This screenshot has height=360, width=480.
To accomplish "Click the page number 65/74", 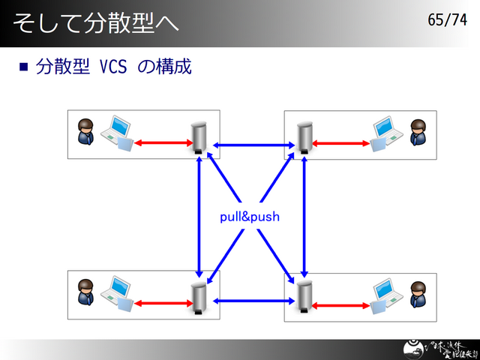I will click(447, 19).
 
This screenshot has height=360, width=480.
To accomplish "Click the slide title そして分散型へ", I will click(95, 22).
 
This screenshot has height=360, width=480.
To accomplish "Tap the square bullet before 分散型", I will click(23, 67).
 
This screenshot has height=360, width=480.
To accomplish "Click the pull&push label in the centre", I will click(250, 217).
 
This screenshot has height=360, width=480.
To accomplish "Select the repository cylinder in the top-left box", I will click(199, 137).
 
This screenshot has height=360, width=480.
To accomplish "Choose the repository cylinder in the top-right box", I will click(304, 137).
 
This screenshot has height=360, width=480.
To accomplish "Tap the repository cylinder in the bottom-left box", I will click(199, 297).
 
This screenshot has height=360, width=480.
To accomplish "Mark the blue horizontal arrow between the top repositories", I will click(251, 144).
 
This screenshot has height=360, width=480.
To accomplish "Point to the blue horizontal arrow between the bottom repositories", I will click(251, 301).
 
